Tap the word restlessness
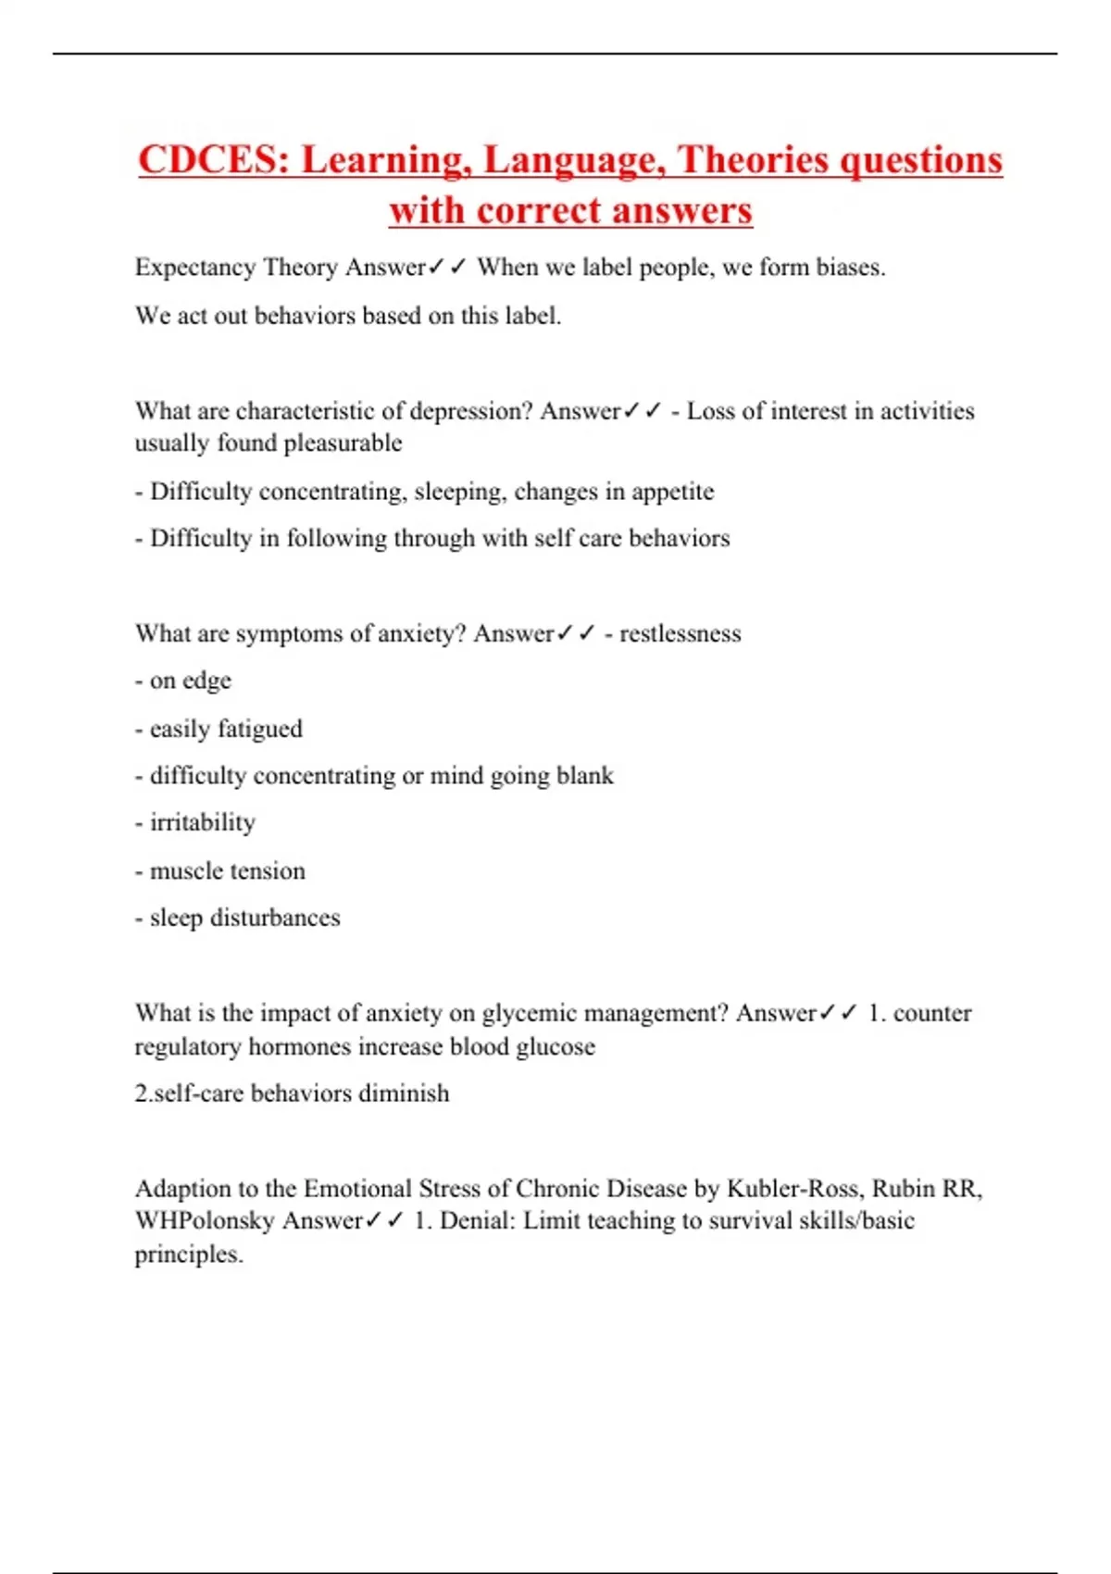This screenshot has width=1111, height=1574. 680,634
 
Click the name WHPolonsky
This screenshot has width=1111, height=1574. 205,1221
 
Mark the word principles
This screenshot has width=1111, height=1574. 188,1255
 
